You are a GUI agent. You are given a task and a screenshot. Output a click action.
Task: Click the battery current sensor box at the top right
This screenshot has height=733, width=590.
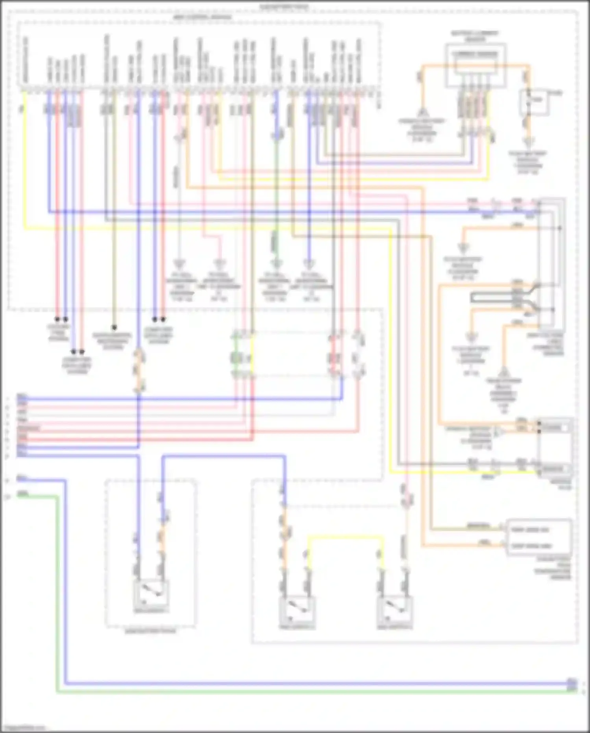click(x=475, y=65)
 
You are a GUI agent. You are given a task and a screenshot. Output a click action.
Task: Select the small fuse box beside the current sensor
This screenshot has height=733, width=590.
click(x=535, y=102)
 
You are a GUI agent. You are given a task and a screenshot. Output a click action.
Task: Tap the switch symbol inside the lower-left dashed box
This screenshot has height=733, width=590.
click(x=151, y=593)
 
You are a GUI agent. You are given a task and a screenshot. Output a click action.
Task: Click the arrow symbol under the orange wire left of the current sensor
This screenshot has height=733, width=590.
click(x=422, y=113)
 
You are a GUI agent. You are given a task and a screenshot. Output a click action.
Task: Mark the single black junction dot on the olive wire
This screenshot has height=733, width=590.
click(x=114, y=327)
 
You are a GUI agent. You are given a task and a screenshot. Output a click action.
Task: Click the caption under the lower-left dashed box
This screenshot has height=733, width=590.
click(x=150, y=631)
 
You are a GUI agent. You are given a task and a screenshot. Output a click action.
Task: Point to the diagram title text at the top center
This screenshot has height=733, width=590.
click(x=284, y=7)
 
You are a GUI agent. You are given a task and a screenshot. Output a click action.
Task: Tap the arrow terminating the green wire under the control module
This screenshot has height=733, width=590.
click(x=276, y=263)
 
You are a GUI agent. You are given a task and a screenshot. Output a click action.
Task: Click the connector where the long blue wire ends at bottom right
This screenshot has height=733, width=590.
click(x=572, y=682)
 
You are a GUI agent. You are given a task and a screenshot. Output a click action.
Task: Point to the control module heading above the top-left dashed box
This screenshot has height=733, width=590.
click(x=202, y=18)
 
